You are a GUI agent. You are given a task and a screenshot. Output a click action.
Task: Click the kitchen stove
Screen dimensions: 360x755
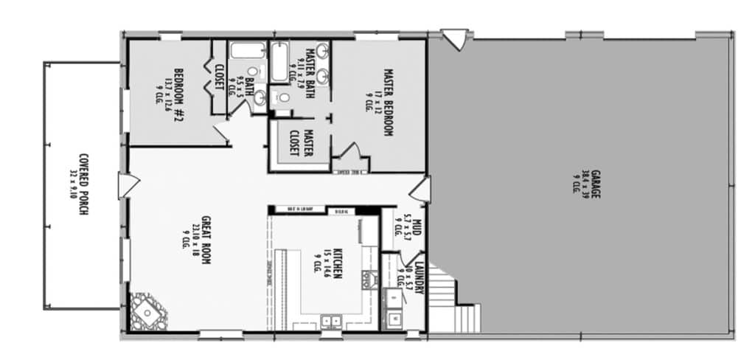pyautogui.click(x=366, y=279)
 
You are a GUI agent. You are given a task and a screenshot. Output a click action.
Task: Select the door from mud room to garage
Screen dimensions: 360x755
pyautogui.click(x=422, y=189)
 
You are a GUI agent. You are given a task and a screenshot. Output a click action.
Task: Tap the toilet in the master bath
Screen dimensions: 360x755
pyautogui.click(x=282, y=97)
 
